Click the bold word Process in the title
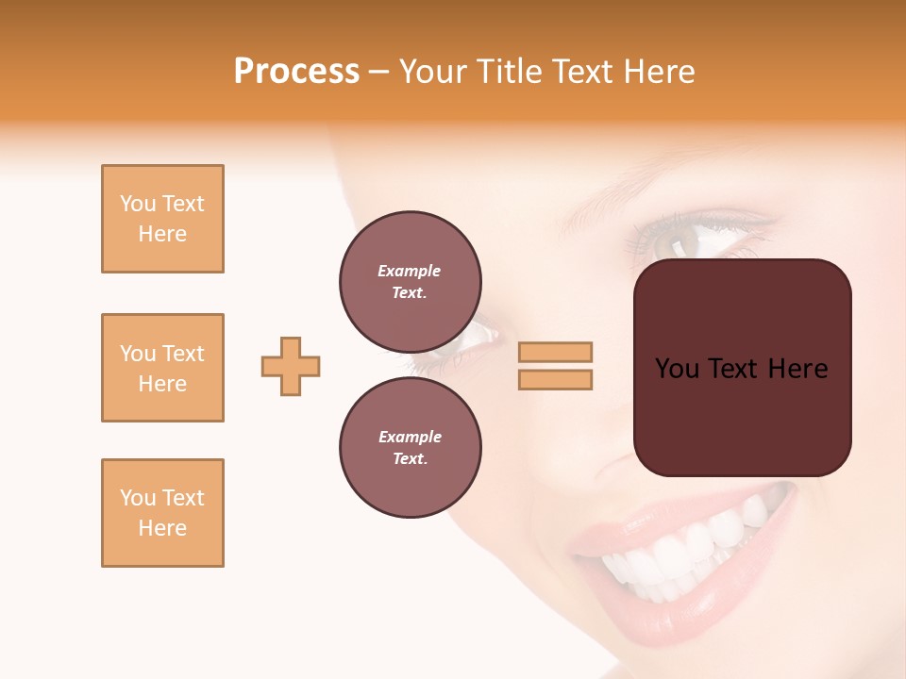tap(296, 72)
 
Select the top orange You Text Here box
tap(162, 219)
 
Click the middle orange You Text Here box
tap(162, 368)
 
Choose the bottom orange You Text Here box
tap(162, 513)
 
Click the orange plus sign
tap(291, 366)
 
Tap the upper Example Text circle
tap(410, 281)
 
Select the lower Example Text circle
tap(410, 447)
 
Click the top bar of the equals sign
tap(555, 352)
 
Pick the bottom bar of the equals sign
tap(555, 380)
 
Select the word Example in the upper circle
tap(409, 271)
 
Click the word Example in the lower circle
tap(410, 437)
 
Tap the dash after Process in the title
tap(378, 72)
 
